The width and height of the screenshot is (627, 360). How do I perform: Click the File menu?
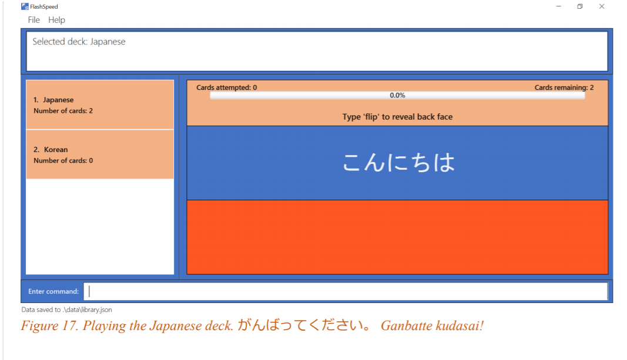pos(33,20)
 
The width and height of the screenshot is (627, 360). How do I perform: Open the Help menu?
pos(56,20)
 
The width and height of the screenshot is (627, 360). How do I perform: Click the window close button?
pos(602,6)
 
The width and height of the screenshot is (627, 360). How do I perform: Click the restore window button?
pos(579,6)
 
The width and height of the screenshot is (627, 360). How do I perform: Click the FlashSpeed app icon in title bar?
pos(25,6)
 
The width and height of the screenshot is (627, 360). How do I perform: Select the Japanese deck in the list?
pos(100,105)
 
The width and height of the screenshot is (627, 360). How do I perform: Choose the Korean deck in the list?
pos(100,154)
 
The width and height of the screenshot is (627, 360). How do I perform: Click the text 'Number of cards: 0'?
pos(63,161)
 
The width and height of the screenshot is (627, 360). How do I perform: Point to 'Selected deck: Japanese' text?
pos(79,42)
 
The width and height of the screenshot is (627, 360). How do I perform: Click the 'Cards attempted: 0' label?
pos(226,88)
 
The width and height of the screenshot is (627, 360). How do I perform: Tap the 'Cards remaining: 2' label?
pos(564,88)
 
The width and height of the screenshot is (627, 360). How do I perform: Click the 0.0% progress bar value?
pos(397,95)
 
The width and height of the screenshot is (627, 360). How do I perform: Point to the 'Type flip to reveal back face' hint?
pos(397,117)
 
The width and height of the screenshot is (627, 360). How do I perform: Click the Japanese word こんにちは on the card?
pos(398,163)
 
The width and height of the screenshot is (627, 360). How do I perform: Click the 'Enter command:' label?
pos(53,291)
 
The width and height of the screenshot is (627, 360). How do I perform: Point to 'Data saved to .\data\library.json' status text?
pos(66,309)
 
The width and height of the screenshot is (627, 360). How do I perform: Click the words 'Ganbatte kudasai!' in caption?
pos(432,326)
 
